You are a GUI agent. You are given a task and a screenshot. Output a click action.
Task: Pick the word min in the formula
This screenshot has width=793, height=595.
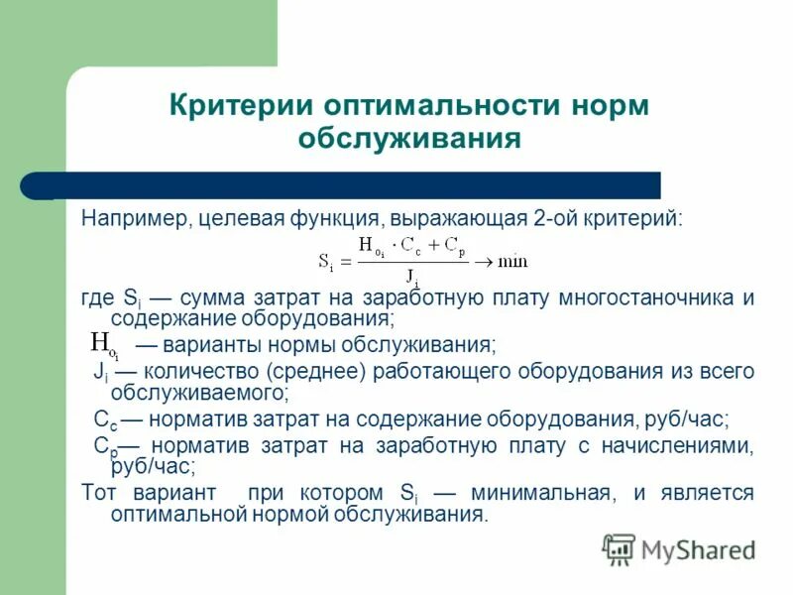pos(512,262)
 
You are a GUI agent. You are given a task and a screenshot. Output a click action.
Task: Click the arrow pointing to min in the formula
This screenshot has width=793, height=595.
pos(483,262)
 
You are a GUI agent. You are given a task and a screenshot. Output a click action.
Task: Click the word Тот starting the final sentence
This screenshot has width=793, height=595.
pos(99,493)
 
